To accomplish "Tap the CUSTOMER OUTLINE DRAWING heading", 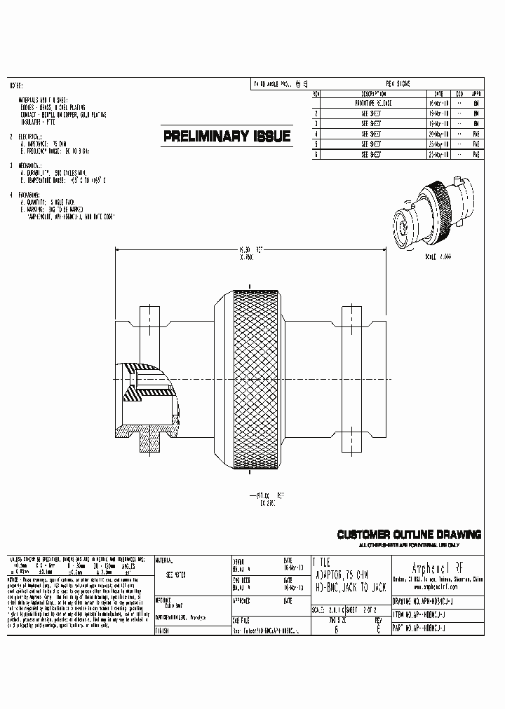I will [409, 535].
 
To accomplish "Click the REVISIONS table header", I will [398, 83].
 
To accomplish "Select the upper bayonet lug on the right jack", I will [350, 316].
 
